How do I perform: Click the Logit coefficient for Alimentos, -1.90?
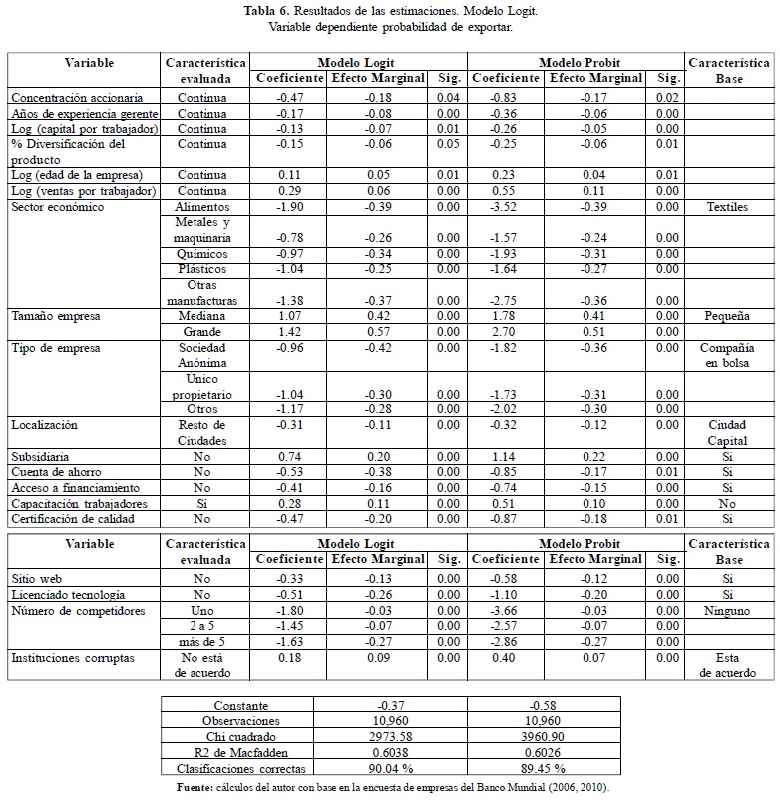(289, 207)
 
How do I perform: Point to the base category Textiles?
(728, 207)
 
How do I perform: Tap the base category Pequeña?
(728, 316)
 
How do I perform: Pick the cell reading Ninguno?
(728, 610)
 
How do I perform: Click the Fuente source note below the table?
(390, 788)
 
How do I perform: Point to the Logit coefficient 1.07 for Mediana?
(289, 316)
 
